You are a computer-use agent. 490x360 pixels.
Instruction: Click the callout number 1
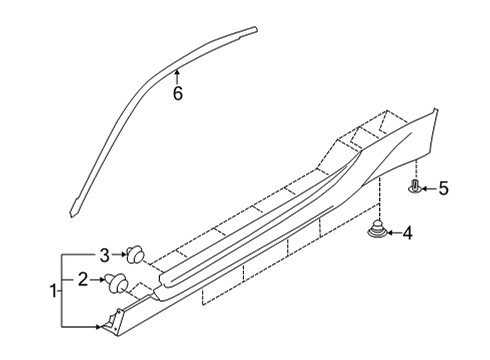click(52, 290)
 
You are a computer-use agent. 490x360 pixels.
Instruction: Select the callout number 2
click(85, 280)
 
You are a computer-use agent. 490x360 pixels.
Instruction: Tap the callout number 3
click(104, 253)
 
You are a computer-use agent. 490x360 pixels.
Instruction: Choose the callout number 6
click(178, 94)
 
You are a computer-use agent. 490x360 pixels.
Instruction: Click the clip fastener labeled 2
click(118, 282)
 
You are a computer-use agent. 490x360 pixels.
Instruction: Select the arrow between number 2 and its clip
click(100, 281)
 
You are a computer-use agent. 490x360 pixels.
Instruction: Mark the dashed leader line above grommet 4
click(379, 200)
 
